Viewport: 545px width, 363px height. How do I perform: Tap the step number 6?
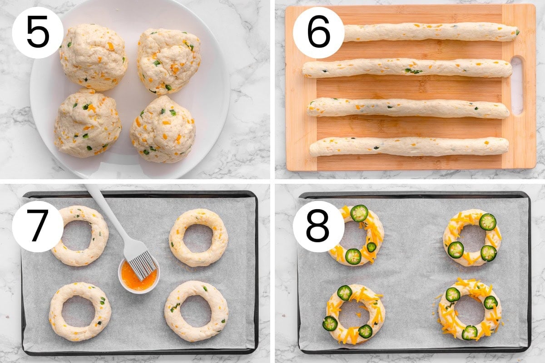pyautogui.click(x=319, y=32)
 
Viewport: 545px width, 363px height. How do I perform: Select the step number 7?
pyautogui.click(x=38, y=226)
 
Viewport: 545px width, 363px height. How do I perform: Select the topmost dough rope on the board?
pyautogui.click(x=431, y=32)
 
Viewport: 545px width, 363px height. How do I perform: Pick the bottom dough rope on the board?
pyautogui.click(x=409, y=147)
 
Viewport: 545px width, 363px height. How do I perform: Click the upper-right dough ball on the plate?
pyautogui.click(x=169, y=61)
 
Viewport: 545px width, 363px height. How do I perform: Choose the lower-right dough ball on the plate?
pyautogui.click(x=163, y=129)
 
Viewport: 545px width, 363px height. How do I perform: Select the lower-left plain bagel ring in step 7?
pyautogui.click(x=80, y=312)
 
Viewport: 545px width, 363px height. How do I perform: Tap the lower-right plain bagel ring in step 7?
pyautogui.click(x=196, y=311)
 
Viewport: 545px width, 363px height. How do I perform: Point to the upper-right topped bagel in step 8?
pyautogui.click(x=472, y=238)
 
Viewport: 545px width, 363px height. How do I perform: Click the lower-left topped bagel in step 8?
pyautogui.click(x=355, y=314)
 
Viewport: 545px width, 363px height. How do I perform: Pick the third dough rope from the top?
pyautogui.click(x=408, y=108)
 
